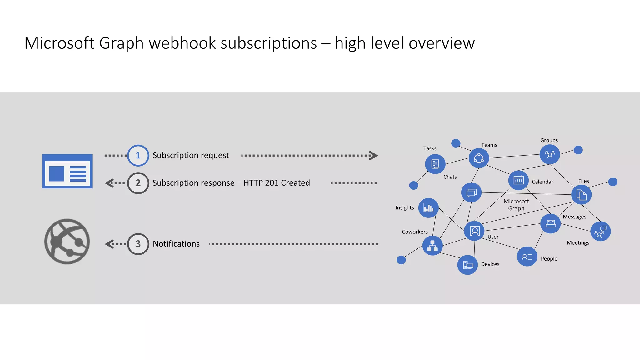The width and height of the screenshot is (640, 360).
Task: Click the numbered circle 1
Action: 138,155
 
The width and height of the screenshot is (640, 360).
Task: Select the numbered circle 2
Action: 138,183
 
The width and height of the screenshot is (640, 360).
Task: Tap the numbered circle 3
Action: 138,244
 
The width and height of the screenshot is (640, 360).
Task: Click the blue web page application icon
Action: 67,171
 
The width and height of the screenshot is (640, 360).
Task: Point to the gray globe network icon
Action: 67,242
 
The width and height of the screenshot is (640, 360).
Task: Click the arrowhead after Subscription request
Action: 373,155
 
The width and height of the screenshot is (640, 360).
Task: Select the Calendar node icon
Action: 518,180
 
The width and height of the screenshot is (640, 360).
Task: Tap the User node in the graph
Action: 474,231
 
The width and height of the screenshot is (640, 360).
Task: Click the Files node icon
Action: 581,195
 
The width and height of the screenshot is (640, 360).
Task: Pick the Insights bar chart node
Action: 428,208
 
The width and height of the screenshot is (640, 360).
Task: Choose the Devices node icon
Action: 467,265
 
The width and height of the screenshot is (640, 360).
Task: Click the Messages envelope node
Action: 551,223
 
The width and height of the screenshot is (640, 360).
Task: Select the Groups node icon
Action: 550,154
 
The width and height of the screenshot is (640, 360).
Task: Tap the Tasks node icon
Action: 435,164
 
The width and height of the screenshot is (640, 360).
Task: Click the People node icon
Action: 527,257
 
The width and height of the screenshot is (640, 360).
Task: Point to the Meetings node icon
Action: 600,232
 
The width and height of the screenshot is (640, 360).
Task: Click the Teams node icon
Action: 479,158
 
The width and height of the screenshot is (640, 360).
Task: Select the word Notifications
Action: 176,244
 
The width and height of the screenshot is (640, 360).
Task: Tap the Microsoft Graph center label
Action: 516,205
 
